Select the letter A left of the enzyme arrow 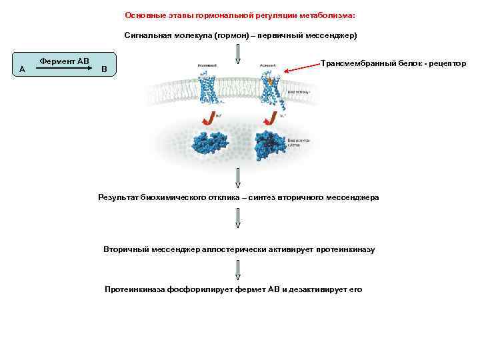point(23,69)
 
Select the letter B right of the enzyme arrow point(103,69)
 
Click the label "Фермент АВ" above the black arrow point(64,61)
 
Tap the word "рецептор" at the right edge point(447,63)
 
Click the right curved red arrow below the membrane point(271,118)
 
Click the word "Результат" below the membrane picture point(119,197)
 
